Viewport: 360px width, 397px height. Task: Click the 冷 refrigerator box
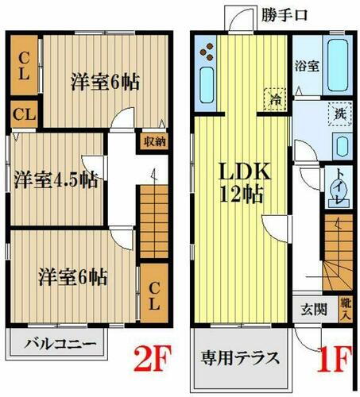(274, 102)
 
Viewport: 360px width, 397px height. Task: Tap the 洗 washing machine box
(339, 114)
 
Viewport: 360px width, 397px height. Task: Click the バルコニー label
(59, 345)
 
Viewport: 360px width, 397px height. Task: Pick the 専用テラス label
(239, 357)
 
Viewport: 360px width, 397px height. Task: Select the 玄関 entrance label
(312, 310)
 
